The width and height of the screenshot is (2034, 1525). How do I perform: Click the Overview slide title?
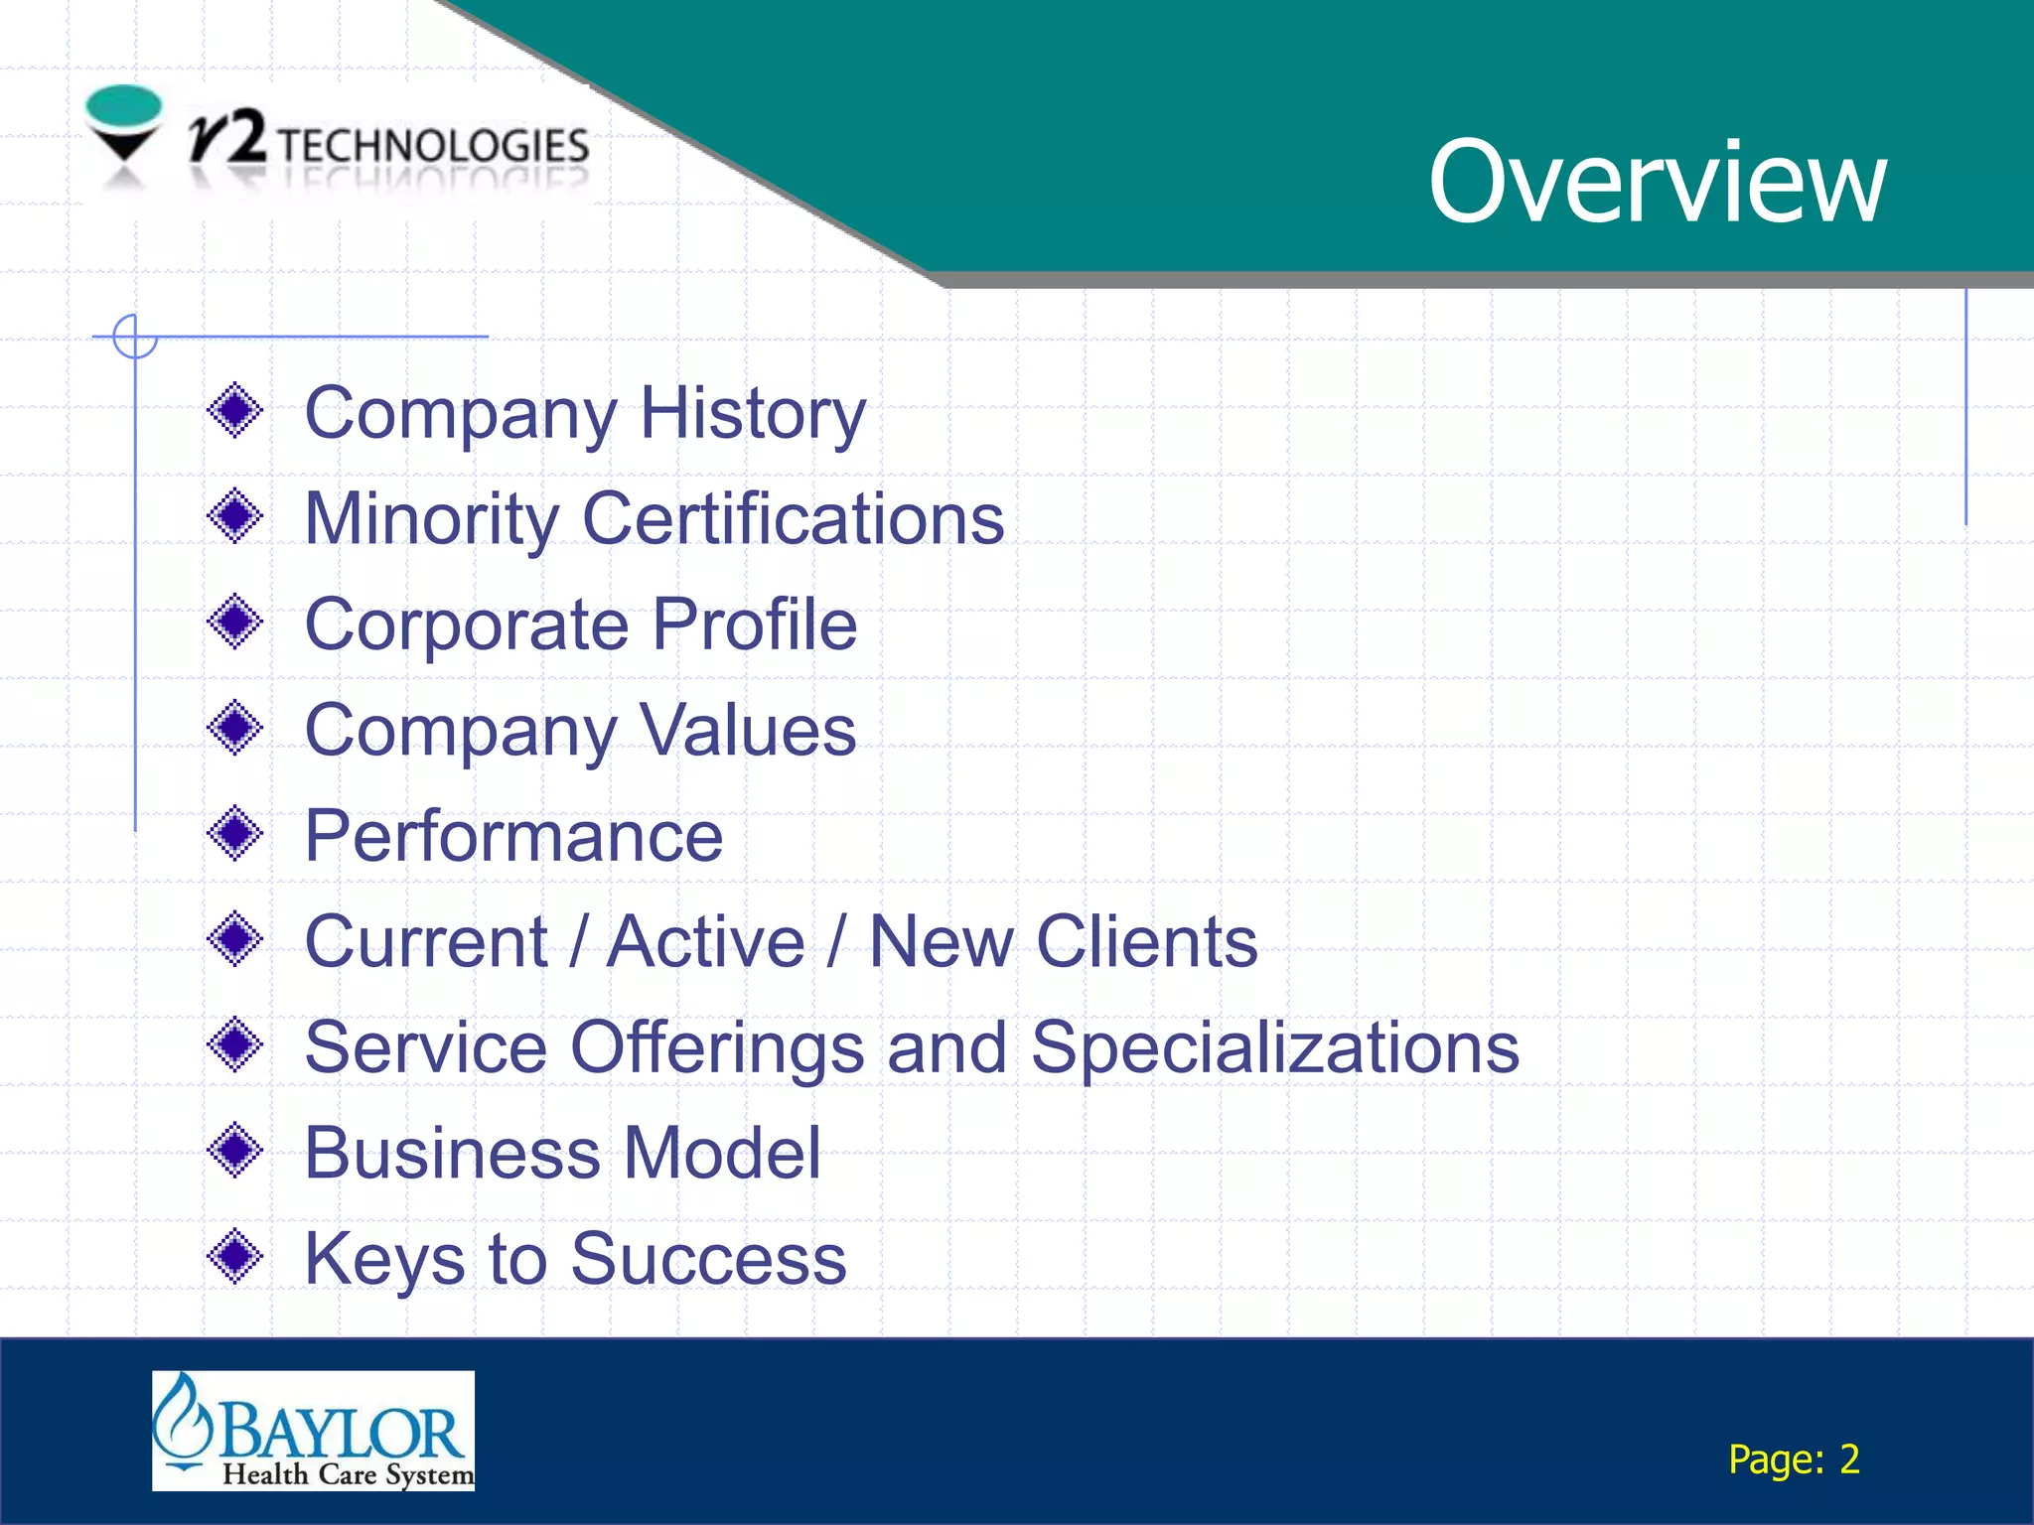1657,182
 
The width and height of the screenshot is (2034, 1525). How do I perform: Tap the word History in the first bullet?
753,413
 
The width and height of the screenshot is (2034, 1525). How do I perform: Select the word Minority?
431,519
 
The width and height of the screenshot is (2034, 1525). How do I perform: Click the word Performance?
513,836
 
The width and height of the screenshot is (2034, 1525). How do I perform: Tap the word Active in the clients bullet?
705,941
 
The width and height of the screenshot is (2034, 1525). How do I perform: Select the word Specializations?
1274,1047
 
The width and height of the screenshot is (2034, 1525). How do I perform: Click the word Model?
722,1153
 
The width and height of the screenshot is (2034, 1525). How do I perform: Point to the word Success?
708,1259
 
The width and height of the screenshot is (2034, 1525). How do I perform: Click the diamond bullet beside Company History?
235,410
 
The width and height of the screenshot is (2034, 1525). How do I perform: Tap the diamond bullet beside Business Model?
235,1151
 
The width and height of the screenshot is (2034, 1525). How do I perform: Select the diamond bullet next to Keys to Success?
235,1257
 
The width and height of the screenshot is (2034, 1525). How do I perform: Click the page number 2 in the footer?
1848,1459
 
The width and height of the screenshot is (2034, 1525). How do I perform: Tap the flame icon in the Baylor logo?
182,1420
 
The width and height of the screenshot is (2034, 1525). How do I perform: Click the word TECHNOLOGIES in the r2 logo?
433,146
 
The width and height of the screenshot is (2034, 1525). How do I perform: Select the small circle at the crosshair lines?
135,337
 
